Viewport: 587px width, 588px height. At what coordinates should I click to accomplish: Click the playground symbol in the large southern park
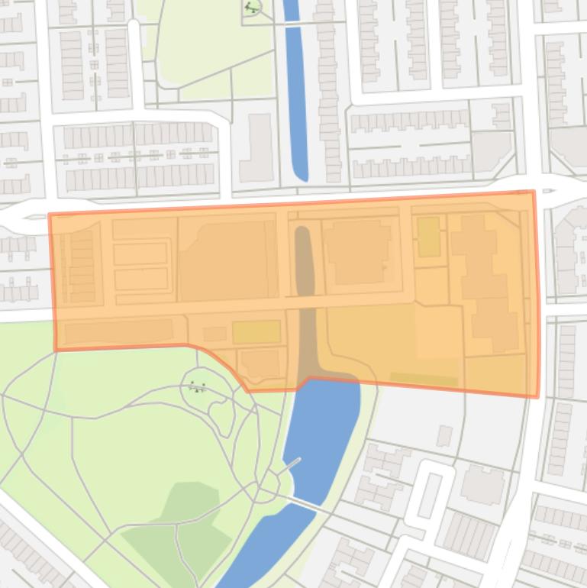coord(198,387)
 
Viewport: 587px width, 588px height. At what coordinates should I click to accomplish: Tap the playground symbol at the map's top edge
coord(252,8)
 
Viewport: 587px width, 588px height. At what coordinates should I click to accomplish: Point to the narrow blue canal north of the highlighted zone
coord(295,92)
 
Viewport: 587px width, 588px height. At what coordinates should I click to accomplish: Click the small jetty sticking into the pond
coord(292,464)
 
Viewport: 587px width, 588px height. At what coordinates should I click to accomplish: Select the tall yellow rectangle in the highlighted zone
coord(428,236)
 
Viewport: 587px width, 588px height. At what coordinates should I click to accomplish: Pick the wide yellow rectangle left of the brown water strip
coord(256,333)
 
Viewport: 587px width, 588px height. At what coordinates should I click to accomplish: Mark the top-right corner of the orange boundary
coord(533,192)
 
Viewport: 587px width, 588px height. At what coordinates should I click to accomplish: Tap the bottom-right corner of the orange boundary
coord(537,396)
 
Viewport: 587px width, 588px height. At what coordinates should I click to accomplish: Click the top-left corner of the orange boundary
coord(50,215)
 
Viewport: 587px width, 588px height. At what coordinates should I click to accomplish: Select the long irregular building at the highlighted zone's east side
coord(484,283)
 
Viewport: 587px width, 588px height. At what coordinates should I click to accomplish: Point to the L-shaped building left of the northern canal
coord(258,149)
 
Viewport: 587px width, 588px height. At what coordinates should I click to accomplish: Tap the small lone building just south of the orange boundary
coord(444,436)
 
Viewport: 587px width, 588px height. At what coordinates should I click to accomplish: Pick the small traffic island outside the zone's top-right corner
coord(547,190)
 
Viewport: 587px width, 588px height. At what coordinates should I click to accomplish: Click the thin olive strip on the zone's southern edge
coord(424,379)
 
